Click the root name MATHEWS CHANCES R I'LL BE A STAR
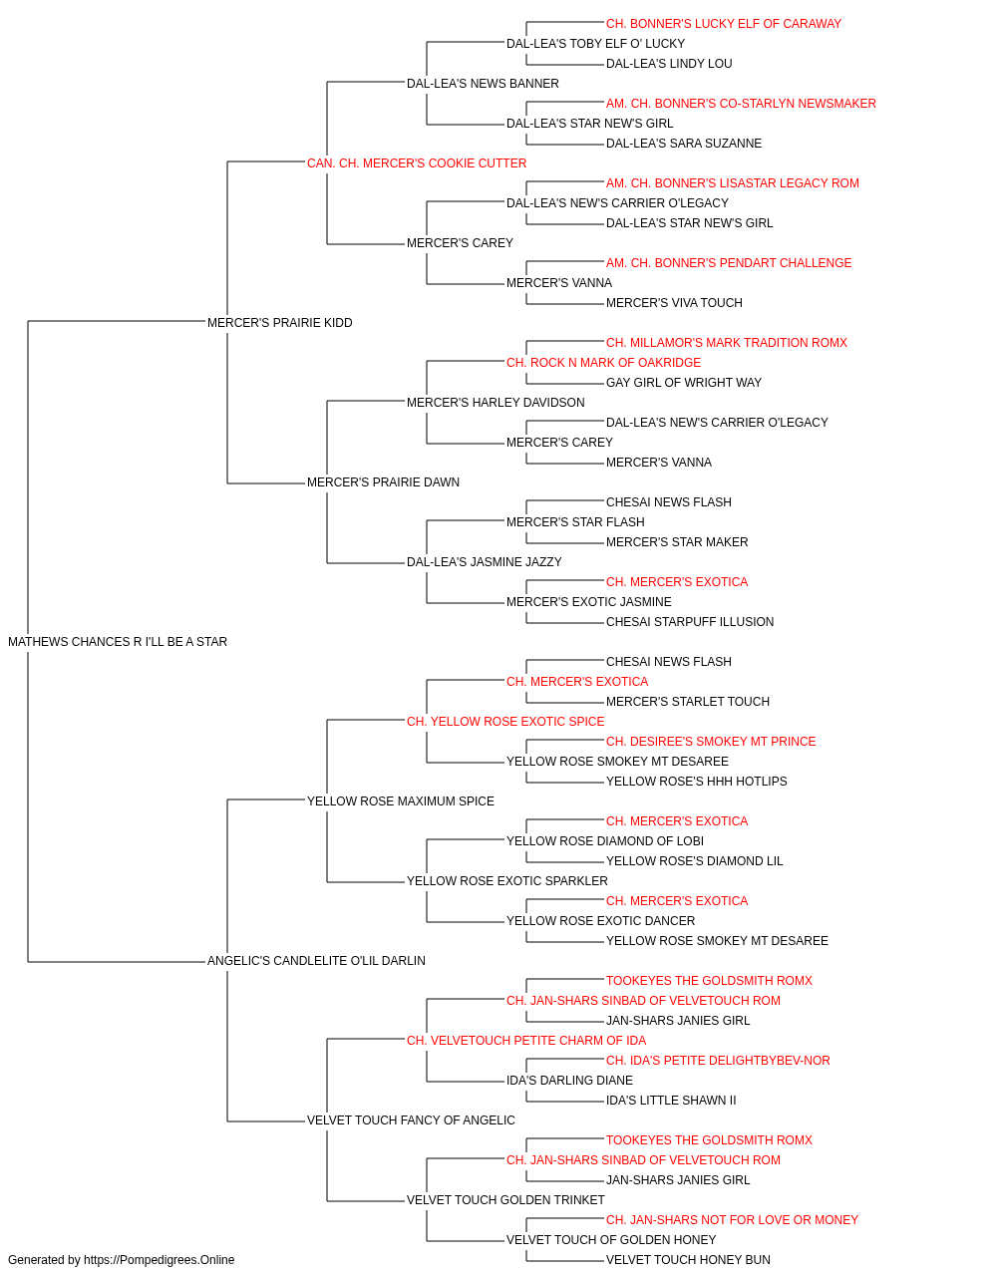pos(118,642)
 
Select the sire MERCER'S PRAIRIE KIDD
pos(279,322)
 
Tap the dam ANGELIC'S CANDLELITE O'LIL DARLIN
pos(316,961)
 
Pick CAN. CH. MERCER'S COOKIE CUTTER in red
pos(417,163)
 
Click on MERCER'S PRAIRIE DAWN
pos(383,482)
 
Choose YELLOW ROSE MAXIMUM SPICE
pos(401,800)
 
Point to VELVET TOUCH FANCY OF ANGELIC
pos(411,1120)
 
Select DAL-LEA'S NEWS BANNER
pos(483,84)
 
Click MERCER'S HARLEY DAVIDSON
pos(496,402)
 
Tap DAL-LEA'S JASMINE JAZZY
pos(484,562)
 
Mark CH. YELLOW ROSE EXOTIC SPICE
pos(505,721)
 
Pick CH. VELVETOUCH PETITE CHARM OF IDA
pos(526,1041)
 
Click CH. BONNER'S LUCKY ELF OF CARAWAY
pos(724,24)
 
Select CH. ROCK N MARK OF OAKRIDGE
pos(603,362)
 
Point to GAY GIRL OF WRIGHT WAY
pos(684,382)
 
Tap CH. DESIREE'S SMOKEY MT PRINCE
pos(711,741)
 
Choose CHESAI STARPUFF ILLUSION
pos(689,622)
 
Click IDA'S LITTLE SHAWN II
pos(671,1101)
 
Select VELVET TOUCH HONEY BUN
pos(688,1260)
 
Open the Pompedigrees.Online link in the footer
pos(159,1260)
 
